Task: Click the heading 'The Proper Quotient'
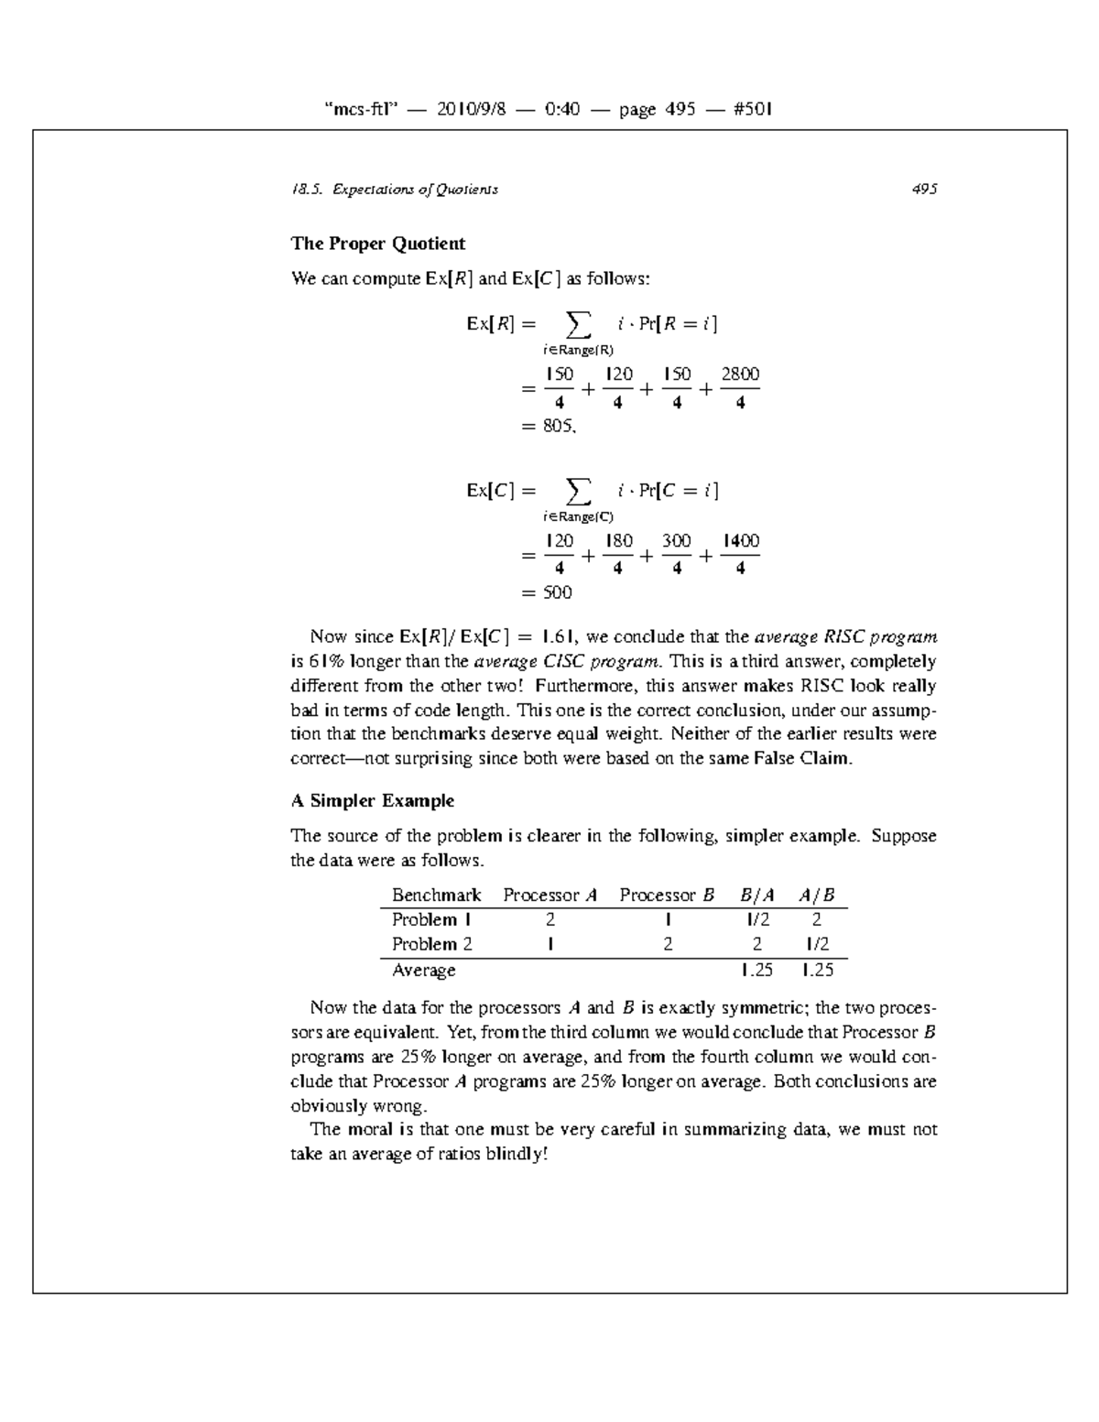coord(377,244)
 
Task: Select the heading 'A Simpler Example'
coord(372,801)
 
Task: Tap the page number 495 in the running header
coord(923,190)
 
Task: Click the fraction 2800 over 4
coord(740,388)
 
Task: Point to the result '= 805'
coord(548,426)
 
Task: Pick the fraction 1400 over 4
coord(740,555)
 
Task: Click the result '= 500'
coord(546,592)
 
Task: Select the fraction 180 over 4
coord(618,555)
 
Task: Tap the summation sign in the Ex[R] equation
coord(577,323)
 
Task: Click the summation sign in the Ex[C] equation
coord(577,491)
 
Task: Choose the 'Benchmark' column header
coord(436,896)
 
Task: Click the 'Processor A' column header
coord(549,896)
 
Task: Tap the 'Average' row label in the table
coord(423,971)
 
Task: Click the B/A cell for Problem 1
coord(757,920)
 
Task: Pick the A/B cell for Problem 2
coord(817,945)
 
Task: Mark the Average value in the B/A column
coord(757,971)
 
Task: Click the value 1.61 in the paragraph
coord(558,637)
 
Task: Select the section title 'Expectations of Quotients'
coord(415,190)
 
